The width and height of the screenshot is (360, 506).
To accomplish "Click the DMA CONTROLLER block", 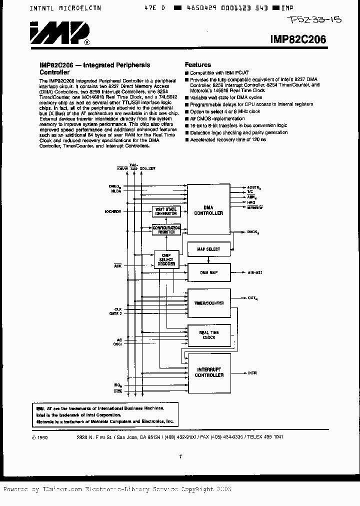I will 209,210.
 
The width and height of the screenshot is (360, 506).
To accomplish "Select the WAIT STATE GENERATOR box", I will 166,211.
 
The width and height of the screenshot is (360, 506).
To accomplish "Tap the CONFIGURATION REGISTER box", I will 166,229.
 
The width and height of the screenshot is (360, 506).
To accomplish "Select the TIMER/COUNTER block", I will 209,303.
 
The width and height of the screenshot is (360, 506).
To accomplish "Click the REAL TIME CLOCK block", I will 209,334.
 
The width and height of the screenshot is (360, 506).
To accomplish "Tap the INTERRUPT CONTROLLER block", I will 209,372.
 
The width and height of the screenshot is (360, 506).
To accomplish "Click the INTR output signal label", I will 253,372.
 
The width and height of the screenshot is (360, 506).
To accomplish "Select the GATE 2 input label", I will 115,313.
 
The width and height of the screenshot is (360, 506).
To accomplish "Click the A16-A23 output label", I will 256,272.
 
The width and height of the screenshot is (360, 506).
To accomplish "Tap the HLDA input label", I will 116,191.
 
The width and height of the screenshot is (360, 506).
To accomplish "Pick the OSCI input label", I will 117,344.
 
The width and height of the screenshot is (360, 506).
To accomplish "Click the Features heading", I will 198,65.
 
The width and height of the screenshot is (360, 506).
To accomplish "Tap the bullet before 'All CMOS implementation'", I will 187,118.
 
